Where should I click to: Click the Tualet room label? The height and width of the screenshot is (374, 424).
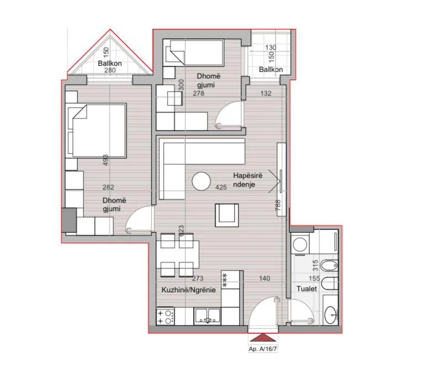coord(307,289)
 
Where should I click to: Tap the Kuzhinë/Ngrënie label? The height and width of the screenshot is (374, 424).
coord(188,290)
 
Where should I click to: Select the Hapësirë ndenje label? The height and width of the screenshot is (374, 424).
coord(247,180)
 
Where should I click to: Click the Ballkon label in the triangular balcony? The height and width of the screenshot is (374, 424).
coord(110,64)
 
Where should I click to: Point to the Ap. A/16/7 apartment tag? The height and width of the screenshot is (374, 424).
coord(263,349)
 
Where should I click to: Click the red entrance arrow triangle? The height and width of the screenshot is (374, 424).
coord(263,338)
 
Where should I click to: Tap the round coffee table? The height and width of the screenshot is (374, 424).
coord(201,181)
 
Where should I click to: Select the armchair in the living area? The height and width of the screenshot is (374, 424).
coord(227,215)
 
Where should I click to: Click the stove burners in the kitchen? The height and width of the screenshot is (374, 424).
coord(165,317)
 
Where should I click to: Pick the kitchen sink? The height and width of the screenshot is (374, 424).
coord(208,317)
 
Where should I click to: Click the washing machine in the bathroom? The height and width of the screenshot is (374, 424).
coord(300,245)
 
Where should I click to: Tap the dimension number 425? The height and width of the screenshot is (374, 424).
coord(221,187)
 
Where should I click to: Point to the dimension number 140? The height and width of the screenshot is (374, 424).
coord(264,278)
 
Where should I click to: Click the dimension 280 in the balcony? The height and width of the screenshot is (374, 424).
coord(110,70)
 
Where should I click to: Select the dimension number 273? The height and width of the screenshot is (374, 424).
coord(198,278)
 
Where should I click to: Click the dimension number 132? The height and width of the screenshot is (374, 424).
coord(266,93)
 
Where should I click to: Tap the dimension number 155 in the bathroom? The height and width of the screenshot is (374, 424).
coord(314,278)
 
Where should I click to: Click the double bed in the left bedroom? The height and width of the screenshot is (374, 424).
coord(96,130)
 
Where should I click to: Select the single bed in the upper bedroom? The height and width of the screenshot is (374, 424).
coord(194,52)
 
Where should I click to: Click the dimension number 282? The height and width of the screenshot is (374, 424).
coord(108,187)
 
